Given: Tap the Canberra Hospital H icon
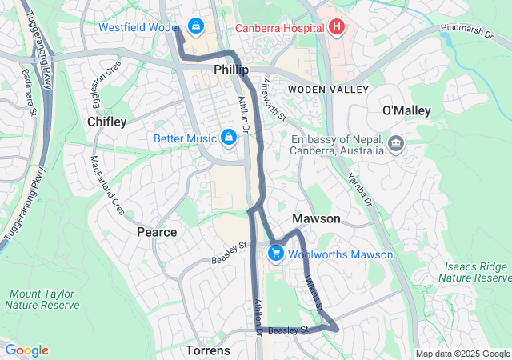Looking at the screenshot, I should click(336, 26).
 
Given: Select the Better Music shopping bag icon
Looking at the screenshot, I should click(230, 138).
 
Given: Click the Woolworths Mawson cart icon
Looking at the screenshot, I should click(275, 254).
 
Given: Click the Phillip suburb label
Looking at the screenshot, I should click(231, 70).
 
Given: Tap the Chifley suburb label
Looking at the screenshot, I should click(106, 122).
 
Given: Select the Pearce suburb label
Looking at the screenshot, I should click(157, 232).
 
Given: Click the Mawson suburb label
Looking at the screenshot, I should click(316, 218).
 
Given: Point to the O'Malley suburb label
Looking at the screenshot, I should click(406, 110).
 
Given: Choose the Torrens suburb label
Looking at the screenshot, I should click(208, 350).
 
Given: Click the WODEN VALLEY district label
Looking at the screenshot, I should click(328, 89).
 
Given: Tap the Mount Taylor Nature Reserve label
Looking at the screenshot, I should click(42, 299).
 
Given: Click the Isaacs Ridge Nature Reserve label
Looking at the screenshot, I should click(477, 272).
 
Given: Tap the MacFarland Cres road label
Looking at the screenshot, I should click(106, 185).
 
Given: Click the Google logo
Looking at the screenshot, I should click(26, 350).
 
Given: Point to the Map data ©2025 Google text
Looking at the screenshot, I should click(462, 354).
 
